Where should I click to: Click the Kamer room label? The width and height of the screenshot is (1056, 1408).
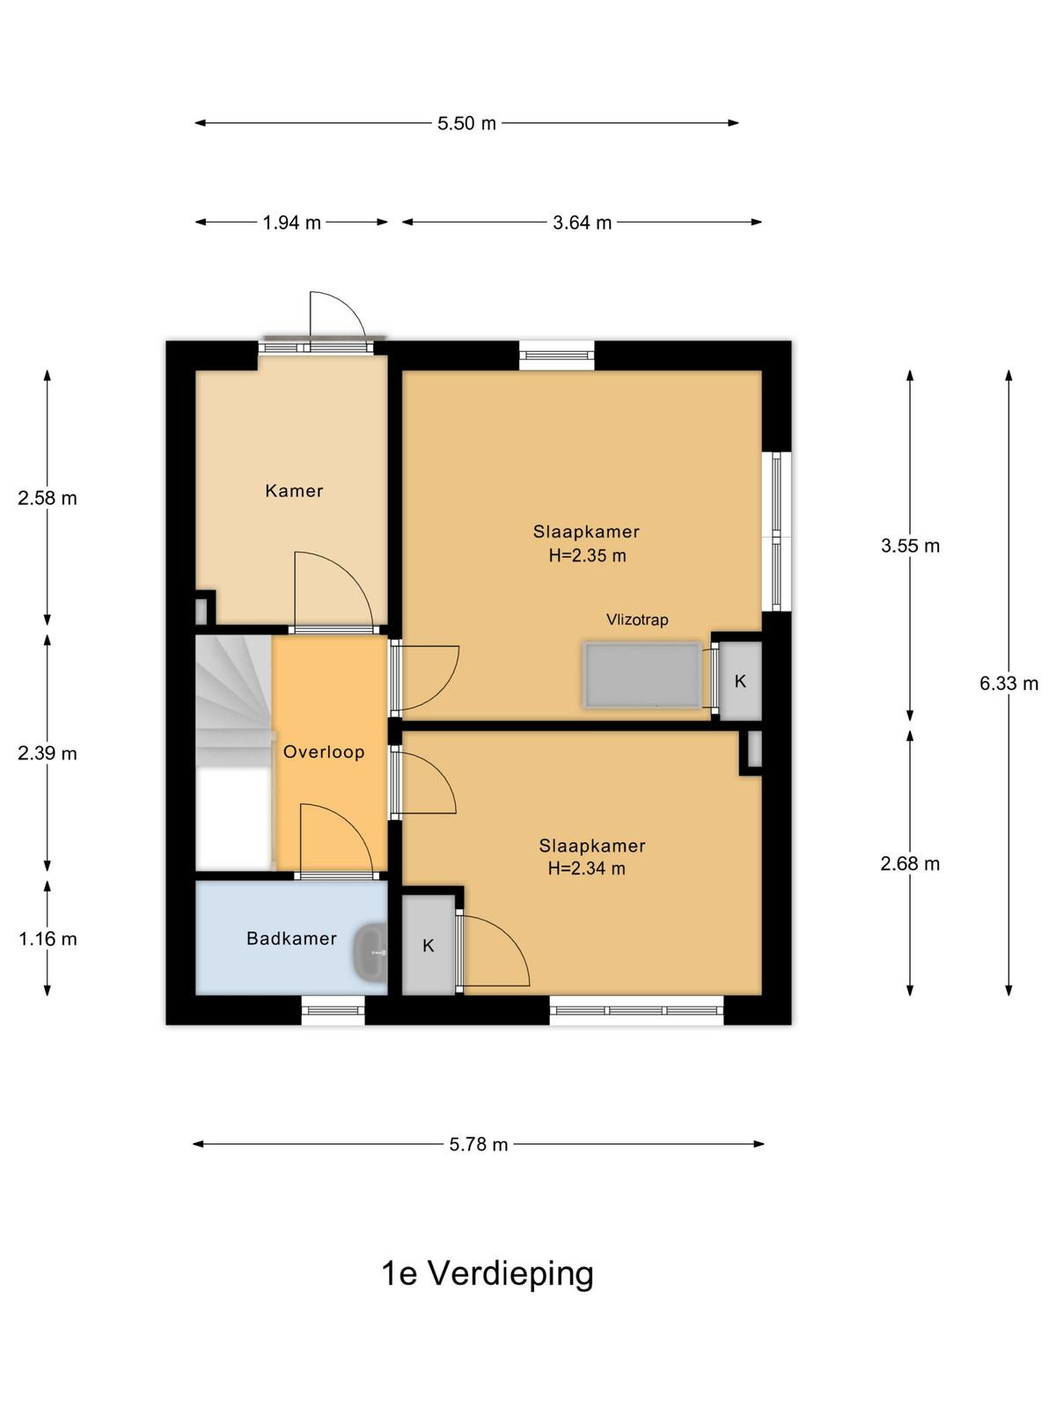[x=294, y=491]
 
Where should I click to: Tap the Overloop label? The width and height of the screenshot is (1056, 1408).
[x=324, y=752]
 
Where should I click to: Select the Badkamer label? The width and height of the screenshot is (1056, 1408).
[x=292, y=938]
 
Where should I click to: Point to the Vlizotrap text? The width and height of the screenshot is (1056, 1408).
[x=637, y=620]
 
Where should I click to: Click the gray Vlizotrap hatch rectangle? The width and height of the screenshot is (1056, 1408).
[x=642, y=676]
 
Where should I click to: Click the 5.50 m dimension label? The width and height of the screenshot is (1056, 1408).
[x=466, y=123]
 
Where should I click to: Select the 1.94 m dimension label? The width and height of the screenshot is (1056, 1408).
[x=292, y=223]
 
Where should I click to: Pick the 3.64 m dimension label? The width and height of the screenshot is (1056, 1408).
[x=583, y=223]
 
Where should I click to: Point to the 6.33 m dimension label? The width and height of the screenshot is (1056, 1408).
[x=1008, y=684]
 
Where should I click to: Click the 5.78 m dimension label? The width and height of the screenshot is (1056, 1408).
[x=479, y=1144]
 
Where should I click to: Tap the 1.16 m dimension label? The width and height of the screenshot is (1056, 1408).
[x=48, y=939]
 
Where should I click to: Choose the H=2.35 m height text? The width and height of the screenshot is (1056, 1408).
[x=587, y=555]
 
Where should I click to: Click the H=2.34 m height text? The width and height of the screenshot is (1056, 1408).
[x=587, y=869]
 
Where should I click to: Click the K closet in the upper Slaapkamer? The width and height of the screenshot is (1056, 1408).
[x=740, y=680]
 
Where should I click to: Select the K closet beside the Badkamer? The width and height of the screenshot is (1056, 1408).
[x=429, y=945]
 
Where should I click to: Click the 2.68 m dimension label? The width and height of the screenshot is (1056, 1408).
[x=910, y=864]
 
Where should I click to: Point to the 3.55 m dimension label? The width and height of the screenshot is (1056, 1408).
[x=910, y=546]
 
